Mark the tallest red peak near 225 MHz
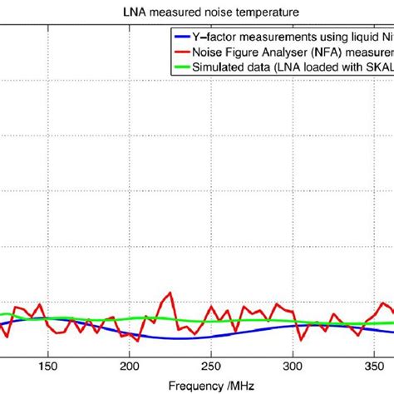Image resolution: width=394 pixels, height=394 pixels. [x=170, y=293]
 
